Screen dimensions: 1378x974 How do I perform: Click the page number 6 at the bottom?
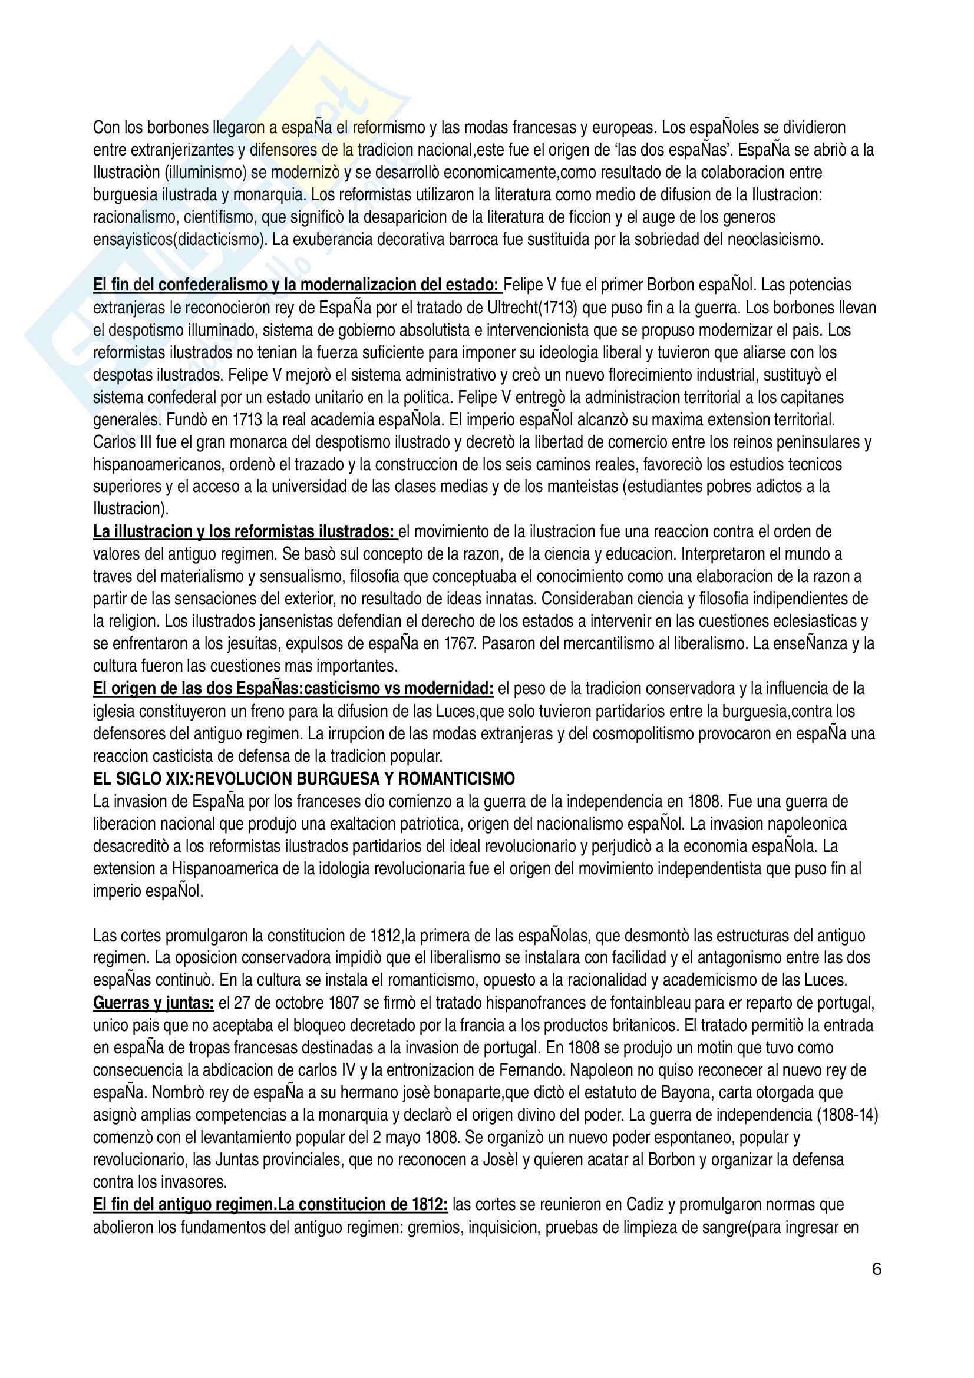click(876, 1270)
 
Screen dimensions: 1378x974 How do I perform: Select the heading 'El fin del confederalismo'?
click(296, 285)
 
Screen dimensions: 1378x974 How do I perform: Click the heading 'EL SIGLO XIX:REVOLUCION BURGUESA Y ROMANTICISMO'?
click(303, 779)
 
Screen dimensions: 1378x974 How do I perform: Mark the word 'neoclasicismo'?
click(775, 239)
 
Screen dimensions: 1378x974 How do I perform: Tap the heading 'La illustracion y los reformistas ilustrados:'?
click(245, 531)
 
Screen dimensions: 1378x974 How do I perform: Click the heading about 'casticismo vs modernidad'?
click(293, 688)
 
